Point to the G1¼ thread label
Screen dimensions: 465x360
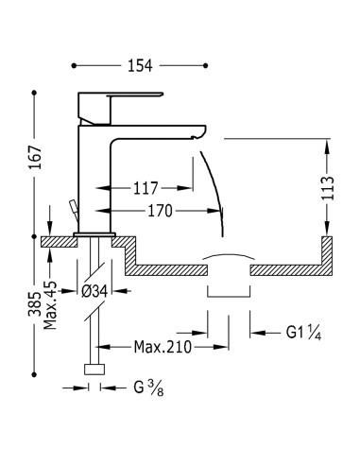(303, 332)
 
